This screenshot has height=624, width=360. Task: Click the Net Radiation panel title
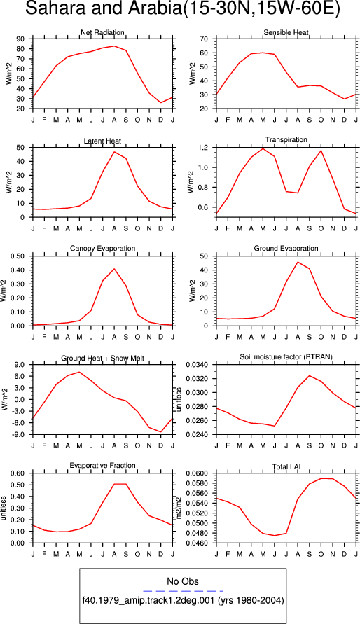pyautogui.click(x=102, y=32)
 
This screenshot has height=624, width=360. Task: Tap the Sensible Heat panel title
pyautogui.click(x=286, y=32)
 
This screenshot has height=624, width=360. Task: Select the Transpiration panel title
pyautogui.click(x=286, y=139)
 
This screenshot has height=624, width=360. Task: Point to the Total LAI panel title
pyautogui.click(x=286, y=466)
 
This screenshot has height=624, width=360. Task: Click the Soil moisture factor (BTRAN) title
pyautogui.click(x=286, y=357)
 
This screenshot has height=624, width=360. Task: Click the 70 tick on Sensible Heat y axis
pyautogui.click(x=205, y=39)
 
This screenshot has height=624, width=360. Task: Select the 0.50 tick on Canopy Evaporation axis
pyautogui.click(x=19, y=256)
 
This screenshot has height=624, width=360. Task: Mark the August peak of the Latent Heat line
pyautogui.click(x=114, y=151)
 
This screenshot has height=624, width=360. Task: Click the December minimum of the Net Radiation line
pyautogui.click(x=160, y=103)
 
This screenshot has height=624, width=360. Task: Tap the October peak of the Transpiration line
pyautogui.click(x=321, y=151)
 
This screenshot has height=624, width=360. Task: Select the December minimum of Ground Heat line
pyautogui.click(x=160, y=432)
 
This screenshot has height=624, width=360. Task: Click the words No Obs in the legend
pyautogui.click(x=183, y=581)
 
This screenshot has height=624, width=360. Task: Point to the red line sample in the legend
pyautogui.click(x=183, y=611)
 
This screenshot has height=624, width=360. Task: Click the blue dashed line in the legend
pyautogui.click(x=183, y=591)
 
